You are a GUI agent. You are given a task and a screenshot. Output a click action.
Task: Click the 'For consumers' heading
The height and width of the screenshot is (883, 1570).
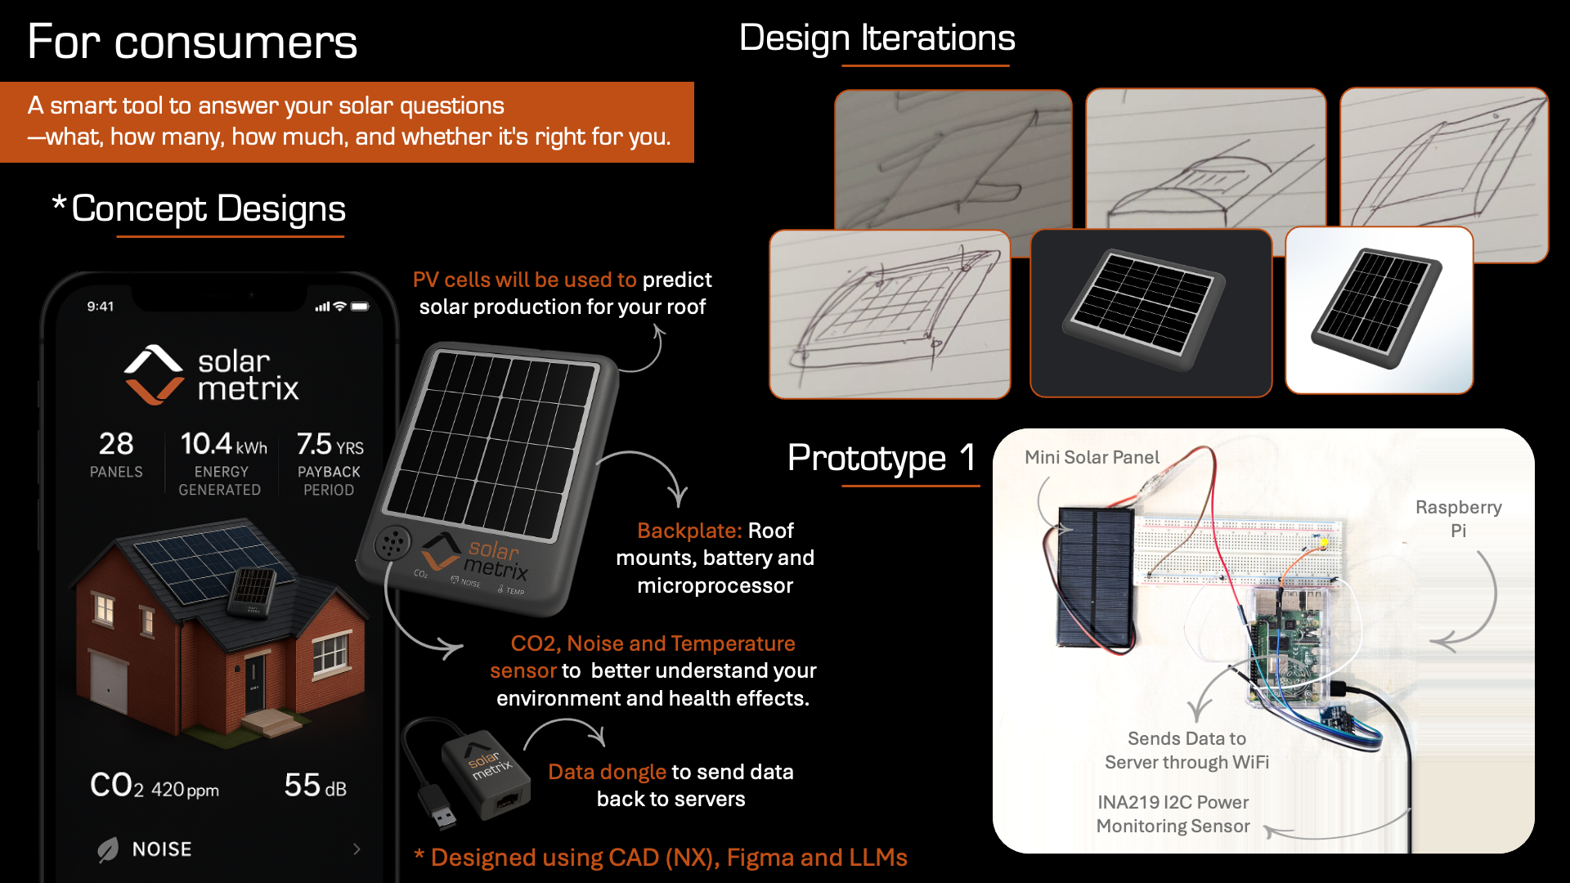coord(192,42)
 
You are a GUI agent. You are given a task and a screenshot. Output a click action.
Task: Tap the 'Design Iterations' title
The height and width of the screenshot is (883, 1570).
coord(877,38)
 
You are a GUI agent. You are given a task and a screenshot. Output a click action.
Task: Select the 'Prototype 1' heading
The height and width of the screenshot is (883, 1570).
coord(881,458)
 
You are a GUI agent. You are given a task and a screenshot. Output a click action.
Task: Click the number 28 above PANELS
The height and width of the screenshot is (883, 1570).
coord(116,444)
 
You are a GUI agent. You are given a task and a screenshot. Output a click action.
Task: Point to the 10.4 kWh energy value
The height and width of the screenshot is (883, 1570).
coord(223,444)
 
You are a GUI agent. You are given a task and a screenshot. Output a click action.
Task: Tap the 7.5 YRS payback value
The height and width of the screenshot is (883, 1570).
coord(330,444)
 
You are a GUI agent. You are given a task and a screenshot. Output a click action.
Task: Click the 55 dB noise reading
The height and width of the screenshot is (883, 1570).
coord(315,786)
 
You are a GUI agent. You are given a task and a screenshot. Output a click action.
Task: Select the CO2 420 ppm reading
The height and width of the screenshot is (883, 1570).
coord(155,786)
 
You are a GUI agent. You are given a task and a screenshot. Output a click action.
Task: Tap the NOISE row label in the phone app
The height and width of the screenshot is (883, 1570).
coord(162,849)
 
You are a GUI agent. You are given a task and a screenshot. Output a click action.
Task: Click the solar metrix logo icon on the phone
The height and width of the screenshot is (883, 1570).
coord(154,375)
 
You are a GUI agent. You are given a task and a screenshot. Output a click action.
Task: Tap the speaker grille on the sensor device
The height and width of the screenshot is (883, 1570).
coord(392,542)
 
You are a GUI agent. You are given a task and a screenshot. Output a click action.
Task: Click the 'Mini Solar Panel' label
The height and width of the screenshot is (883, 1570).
coord(1092,458)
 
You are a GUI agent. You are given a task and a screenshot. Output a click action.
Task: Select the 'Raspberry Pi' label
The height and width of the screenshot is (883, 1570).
coord(1459,518)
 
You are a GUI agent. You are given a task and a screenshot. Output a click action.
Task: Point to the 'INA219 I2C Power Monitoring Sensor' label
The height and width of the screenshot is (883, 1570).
coord(1173,814)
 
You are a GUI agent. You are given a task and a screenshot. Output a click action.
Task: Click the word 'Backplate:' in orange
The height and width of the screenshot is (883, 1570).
coord(689,531)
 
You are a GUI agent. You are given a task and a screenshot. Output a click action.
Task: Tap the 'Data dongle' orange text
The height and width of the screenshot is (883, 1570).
coord(607,773)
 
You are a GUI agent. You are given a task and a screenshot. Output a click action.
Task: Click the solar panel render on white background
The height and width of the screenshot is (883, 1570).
coord(1376,309)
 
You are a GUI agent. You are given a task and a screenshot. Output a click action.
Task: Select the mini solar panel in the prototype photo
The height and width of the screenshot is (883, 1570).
coord(1094,577)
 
